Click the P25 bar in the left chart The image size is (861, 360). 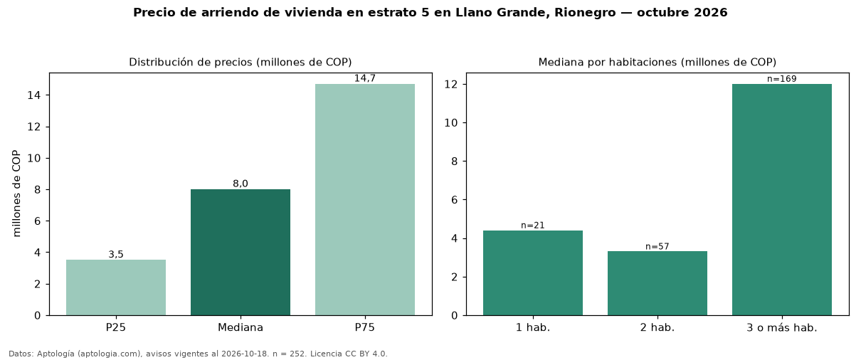pyautogui.click(x=116, y=287)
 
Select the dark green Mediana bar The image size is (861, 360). pyautogui.click(x=241, y=253)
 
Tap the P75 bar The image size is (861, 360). pyautogui.click(x=365, y=200)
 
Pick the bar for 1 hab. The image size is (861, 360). pyautogui.click(x=533, y=272)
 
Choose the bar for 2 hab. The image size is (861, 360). pyautogui.click(x=657, y=283)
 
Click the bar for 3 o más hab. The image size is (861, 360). pyautogui.click(x=782, y=200)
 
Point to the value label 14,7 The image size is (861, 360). pyautogui.click(x=365, y=78)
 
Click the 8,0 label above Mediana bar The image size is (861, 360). pyautogui.click(x=241, y=184)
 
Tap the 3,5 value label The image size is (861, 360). pyautogui.click(x=116, y=254)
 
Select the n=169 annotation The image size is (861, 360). pyautogui.click(x=782, y=79)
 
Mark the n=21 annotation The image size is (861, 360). pyautogui.click(x=533, y=226)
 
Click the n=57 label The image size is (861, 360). pyautogui.click(x=657, y=246)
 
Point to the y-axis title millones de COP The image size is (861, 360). pyautogui.click(x=16, y=194)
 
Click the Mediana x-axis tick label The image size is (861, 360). pyautogui.click(x=241, y=327)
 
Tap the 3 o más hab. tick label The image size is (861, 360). pyautogui.click(x=782, y=328)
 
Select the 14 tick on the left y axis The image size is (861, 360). pyautogui.click(x=34, y=95)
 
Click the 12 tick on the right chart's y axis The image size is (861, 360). pyautogui.click(x=451, y=85)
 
